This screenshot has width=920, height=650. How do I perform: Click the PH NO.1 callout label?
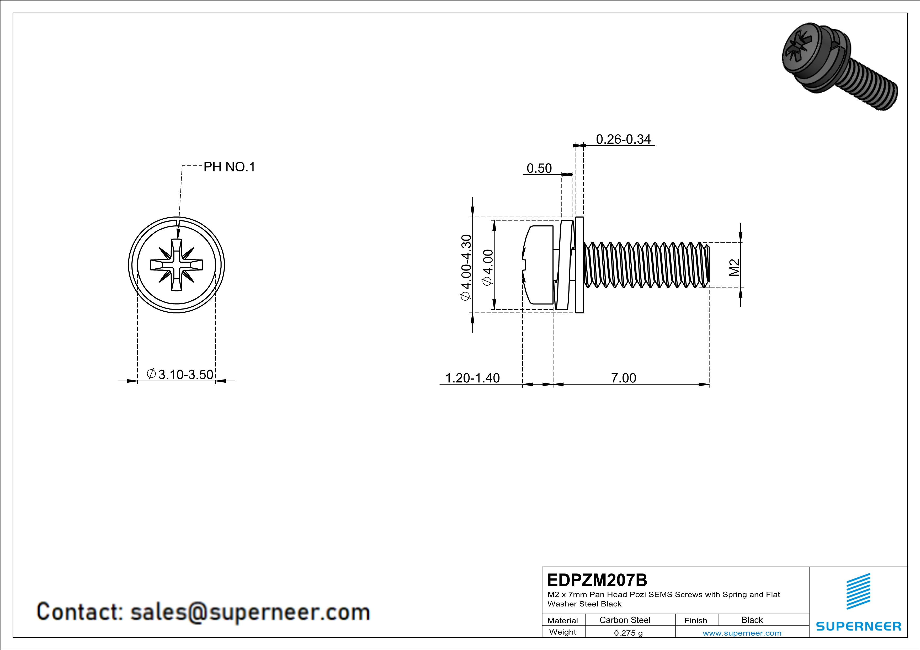[x=229, y=167]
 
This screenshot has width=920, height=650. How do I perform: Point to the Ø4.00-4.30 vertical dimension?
[x=466, y=267]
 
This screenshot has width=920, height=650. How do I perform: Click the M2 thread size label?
[x=734, y=267]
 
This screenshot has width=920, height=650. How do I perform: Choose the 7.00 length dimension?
[x=624, y=378]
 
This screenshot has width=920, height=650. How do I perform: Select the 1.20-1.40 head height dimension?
[x=472, y=378]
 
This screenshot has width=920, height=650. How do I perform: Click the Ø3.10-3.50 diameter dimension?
[x=181, y=375]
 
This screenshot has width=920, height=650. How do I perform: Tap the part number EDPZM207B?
[x=597, y=580]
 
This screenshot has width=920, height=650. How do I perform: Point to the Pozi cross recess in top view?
[x=176, y=265]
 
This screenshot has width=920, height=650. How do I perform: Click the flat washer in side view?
[x=579, y=265]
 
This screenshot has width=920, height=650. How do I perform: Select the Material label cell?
[x=563, y=620]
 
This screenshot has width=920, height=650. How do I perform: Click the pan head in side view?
[x=539, y=265]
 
